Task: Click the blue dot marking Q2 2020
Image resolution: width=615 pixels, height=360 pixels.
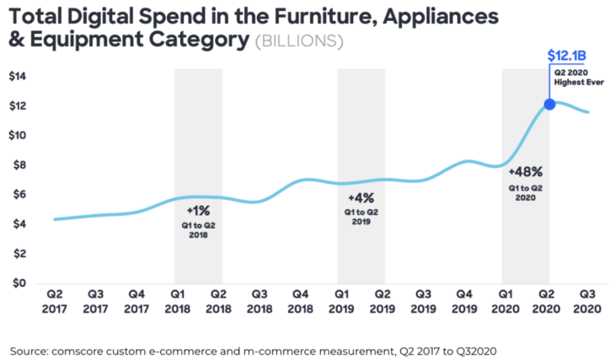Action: (549, 105)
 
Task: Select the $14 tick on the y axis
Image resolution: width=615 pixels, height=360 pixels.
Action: (18, 77)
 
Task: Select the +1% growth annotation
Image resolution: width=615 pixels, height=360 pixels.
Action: (198, 212)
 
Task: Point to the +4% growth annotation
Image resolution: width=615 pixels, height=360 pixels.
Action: (361, 197)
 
